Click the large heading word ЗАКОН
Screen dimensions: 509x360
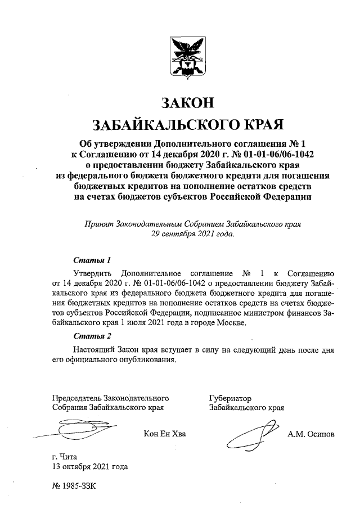coord(188,103)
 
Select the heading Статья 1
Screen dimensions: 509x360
coord(92,260)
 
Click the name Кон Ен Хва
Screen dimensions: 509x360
coord(164,434)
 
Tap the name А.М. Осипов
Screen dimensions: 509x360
coord(310,434)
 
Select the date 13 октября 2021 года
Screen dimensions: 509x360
coord(90,466)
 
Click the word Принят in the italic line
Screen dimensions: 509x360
coord(97,223)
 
